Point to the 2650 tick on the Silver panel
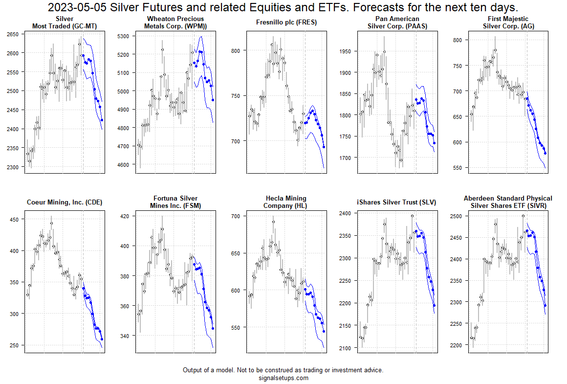(12, 34)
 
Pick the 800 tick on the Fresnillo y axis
(236, 50)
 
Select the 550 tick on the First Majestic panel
(458, 168)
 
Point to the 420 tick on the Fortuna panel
(125, 216)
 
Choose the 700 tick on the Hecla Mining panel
(236, 216)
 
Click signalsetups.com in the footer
(283, 378)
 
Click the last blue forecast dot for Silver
(102, 120)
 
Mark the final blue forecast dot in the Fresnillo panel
(324, 147)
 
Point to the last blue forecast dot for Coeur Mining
(102, 339)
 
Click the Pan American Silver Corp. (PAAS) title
(397, 23)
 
